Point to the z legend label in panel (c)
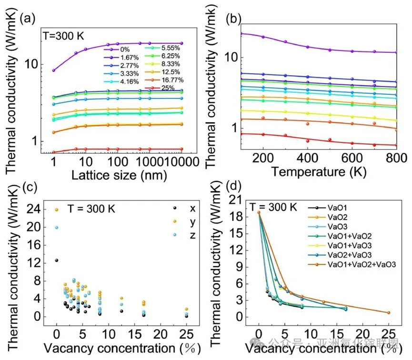point(193,235)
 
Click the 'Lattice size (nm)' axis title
point(119,175)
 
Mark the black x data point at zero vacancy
point(57,260)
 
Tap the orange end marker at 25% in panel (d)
point(389,313)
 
